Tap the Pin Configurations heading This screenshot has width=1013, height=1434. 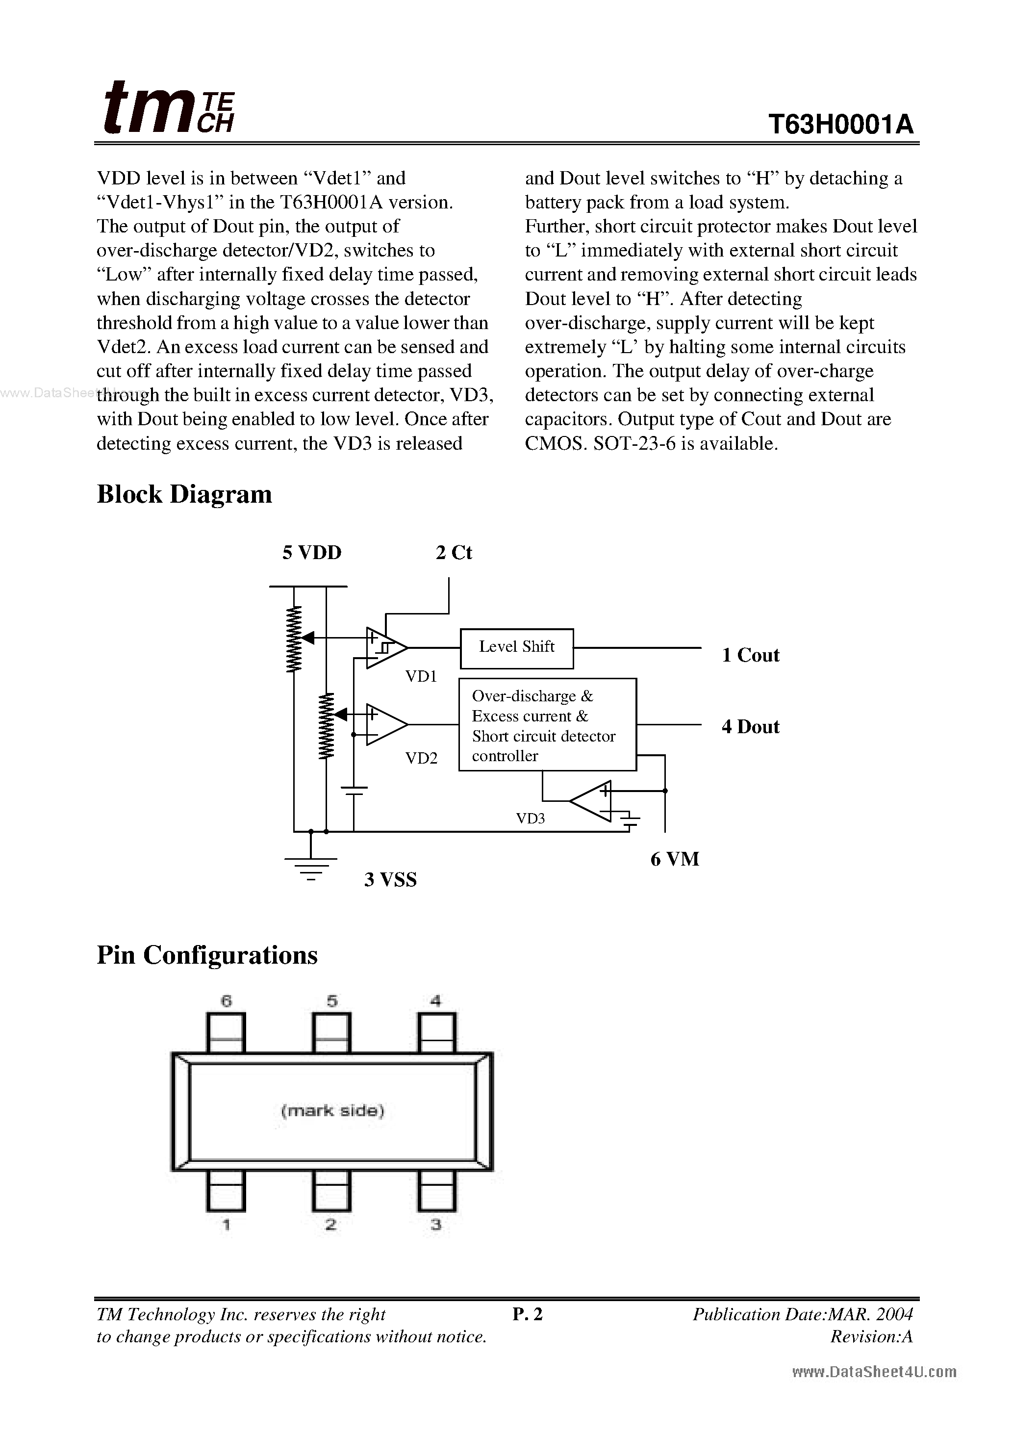point(207,955)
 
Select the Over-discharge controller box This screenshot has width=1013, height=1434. point(547,724)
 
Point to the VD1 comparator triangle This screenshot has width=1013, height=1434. point(385,648)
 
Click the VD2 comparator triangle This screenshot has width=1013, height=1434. point(385,724)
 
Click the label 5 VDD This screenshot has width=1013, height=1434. point(312,553)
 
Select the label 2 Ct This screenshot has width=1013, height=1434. point(454,553)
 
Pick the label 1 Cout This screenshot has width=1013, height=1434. point(751,655)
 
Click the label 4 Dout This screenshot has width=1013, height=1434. point(751,727)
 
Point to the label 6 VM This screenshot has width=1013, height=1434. point(675,859)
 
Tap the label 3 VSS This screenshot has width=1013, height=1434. point(390,880)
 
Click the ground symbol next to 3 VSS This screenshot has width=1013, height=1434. point(311,868)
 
